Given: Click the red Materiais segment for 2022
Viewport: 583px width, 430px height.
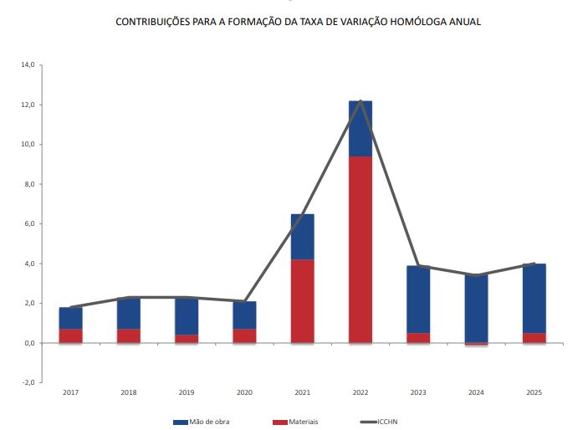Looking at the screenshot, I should (x=361, y=249).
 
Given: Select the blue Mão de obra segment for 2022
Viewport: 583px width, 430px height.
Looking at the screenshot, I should (x=361, y=128).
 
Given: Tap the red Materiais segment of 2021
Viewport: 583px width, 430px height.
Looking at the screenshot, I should (x=303, y=301).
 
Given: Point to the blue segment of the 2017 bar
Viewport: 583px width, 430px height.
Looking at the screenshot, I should (x=71, y=318).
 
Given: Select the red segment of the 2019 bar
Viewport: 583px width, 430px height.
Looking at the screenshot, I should (x=187, y=339).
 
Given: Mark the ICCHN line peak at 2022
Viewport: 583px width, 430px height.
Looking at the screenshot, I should (x=361, y=101).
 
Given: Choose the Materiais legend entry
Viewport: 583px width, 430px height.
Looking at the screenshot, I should (x=299, y=422).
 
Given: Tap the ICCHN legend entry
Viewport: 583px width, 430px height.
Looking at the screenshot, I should (x=391, y=422).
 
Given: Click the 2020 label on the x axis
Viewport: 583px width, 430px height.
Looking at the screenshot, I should (x=244, y=392).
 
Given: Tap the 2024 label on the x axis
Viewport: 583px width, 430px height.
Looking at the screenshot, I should (x=476, y=392).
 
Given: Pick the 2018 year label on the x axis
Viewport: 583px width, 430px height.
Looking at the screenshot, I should (x=129, y=392).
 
